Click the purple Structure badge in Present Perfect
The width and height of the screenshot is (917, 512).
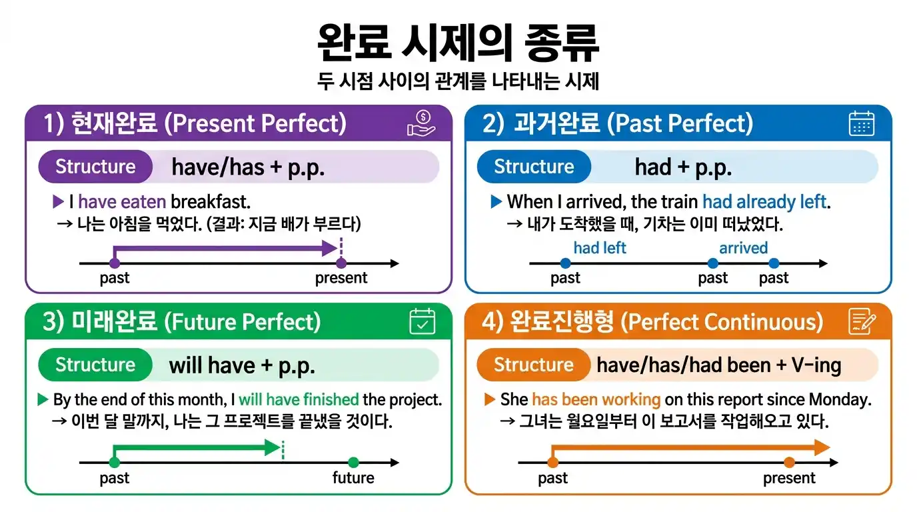pos(95,167)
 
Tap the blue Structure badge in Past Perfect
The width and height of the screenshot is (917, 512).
pos(534,167)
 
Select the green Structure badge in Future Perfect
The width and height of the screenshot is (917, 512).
pos(95,365)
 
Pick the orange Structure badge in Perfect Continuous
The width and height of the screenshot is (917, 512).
pos(533,365)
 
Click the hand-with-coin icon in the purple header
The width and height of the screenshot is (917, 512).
pos(421,123)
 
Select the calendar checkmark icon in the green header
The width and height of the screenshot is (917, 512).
pos(423,321)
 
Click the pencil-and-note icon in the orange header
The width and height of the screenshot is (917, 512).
pos(862,321)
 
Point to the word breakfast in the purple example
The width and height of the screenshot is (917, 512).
pos(211,201)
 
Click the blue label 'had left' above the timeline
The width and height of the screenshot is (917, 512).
pos(600,248)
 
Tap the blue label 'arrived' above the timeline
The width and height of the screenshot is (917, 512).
pos(744,248)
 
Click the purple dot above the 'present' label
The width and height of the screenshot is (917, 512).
pos(341,263)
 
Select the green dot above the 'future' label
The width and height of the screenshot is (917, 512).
pos(353,463)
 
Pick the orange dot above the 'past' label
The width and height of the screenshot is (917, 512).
pos(552,463)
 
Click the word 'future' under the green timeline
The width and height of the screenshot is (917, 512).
pos(353,477)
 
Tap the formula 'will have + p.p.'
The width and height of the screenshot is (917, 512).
pos(242,365)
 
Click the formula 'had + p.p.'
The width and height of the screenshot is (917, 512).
pos(683,167)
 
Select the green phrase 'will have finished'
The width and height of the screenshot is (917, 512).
pos(299,399)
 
